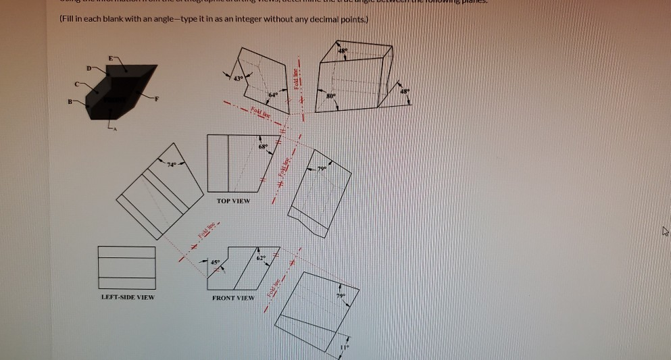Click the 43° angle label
pyautogui.click(x=237, y=80)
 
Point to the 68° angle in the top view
pyautogui.click(x=264, y=147)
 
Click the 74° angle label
pyautogui.click(x=172, y=164)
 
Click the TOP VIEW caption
pyautogui.click(x=233, y=201)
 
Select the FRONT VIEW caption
pyautogui.click(x=233, y=297)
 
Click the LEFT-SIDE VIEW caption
pyautogui.click(x=126, y=297)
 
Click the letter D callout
pyautogui.click(x=87, y=68)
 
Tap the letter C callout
pyautogui.click(x=76, y=84)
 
